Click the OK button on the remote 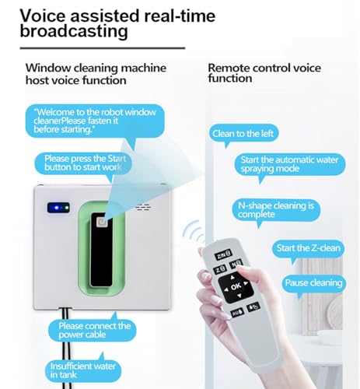[236, 285]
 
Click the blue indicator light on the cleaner [57, 208]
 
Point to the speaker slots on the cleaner [142, 208]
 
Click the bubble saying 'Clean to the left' [243, 133]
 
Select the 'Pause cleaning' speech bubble [312, 282]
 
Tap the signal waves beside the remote [190, 231]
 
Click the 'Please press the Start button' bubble [82, 163]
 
